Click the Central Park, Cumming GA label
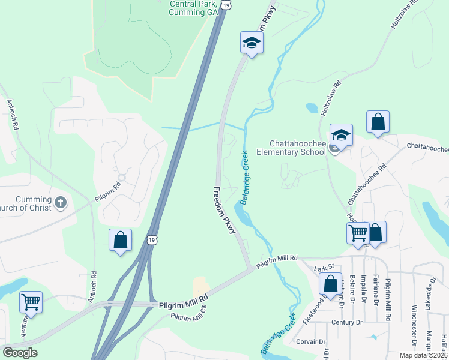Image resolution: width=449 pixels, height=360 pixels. point(193,7)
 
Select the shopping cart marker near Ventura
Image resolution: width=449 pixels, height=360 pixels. point(31,301)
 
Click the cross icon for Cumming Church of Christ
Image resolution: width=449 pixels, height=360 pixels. point(60,202)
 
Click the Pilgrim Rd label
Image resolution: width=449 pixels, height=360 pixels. point(108,191)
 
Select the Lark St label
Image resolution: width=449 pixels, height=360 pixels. point(324,269)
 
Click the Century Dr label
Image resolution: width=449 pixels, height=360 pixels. point(348,322)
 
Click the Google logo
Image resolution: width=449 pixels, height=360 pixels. point(20,353)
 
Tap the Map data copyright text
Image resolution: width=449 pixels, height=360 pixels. point(424,355)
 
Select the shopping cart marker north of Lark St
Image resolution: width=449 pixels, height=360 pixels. point(358,232)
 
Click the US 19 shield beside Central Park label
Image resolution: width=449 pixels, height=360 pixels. point(226,4)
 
